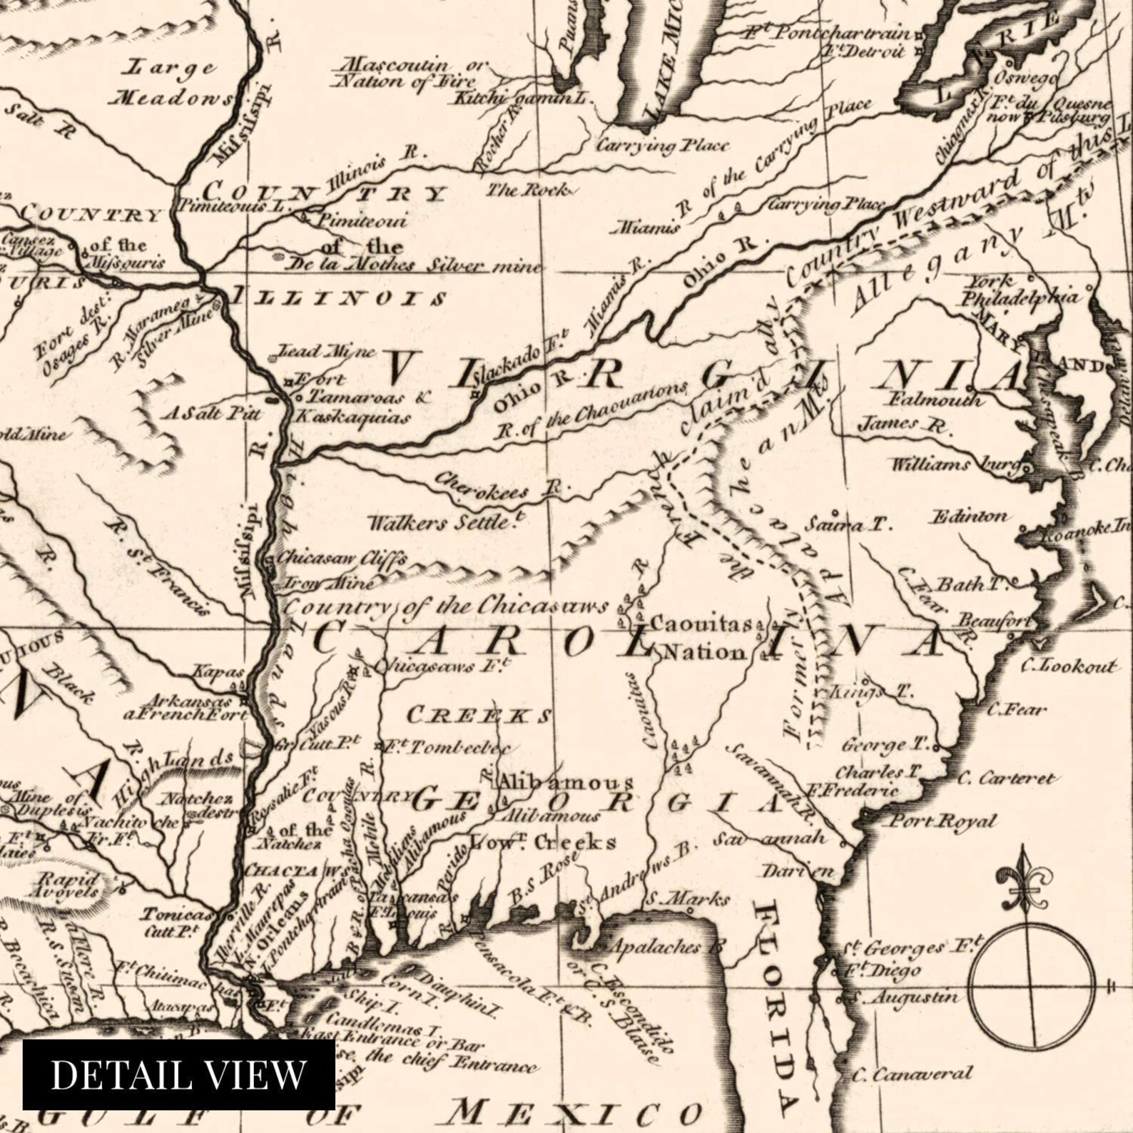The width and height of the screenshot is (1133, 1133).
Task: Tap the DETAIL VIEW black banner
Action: point(178,1074)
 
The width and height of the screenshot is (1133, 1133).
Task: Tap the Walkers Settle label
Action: point(441,522)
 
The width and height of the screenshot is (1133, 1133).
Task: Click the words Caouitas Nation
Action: point(702,639)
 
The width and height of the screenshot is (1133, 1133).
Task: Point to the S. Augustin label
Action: point(908,997)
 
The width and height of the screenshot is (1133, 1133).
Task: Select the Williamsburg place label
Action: point(956,465)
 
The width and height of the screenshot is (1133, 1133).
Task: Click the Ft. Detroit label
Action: point(865,51)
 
